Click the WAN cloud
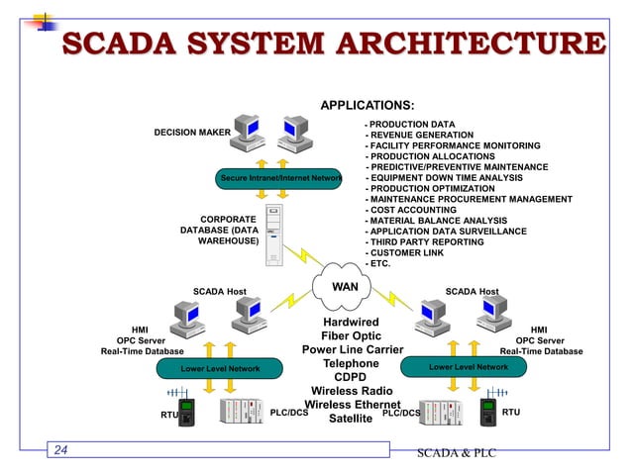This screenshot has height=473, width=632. coord(344,287)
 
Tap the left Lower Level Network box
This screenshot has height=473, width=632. coord(219,369)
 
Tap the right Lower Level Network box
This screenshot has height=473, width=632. coord(468,367)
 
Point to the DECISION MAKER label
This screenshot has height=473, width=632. coord(191,132)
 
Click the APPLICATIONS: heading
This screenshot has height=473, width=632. coord(367,105)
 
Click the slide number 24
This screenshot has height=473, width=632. coord(61,451)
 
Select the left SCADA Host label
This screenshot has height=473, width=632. coord(219,291)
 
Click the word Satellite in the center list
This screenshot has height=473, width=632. coord(351,419)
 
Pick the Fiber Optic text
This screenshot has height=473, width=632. coord(351,336)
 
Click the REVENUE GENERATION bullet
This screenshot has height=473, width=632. coord(420,135)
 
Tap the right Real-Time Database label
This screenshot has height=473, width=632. coord(541,351)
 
